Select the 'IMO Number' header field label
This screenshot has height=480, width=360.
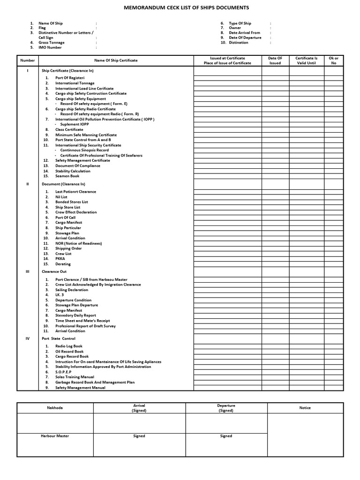click(x=50, y=47)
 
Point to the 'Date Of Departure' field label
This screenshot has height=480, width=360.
click(x=245, y=37)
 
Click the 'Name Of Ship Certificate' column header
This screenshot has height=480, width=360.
click(x=116, y=60)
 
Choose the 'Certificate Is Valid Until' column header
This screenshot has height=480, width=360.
click(x=306, y=60)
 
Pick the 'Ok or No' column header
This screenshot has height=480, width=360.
click(x=334, y=60)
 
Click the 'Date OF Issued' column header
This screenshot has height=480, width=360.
click(x=275, y=60)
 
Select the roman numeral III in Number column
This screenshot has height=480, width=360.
click(x=28, y=271)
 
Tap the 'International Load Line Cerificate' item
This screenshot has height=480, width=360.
click(x=84, y=88)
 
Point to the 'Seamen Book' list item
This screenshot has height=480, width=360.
click(x=67, y=176)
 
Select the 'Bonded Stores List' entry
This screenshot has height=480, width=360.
click(x=71, y=202)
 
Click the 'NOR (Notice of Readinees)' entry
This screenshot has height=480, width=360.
click(x=78, y=243)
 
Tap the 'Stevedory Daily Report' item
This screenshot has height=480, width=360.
click(x=75, y=315)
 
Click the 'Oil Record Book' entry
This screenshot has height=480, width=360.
click(x=69, y=351)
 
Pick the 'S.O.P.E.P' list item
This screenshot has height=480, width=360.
click(x=65, y=372)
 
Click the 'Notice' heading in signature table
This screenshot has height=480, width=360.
click(x=305, y=408)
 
